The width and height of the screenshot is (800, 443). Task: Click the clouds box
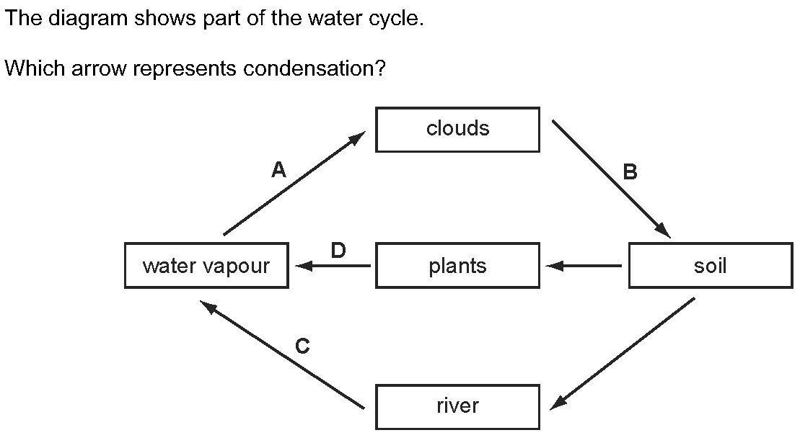tap(457, 130)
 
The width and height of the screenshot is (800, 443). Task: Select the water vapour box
tap(206, 267)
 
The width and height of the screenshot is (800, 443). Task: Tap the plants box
tap(457, 267)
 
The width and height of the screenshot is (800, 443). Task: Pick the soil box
tap(710, 267)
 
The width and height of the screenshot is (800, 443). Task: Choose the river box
tap(457, 406)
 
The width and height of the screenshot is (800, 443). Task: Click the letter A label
tap(278, 170)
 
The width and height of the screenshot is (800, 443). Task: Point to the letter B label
tap(630, 172)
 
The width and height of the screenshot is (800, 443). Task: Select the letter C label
tap(303, 347)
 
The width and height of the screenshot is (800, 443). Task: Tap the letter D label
tap(338, 251)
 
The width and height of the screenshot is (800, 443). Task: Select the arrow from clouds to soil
tap(612, 179)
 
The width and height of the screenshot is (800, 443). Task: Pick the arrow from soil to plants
tap(584, 267)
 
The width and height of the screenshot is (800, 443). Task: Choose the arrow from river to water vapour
tap(283, 356)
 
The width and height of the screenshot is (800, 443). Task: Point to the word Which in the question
tap(30, 69)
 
